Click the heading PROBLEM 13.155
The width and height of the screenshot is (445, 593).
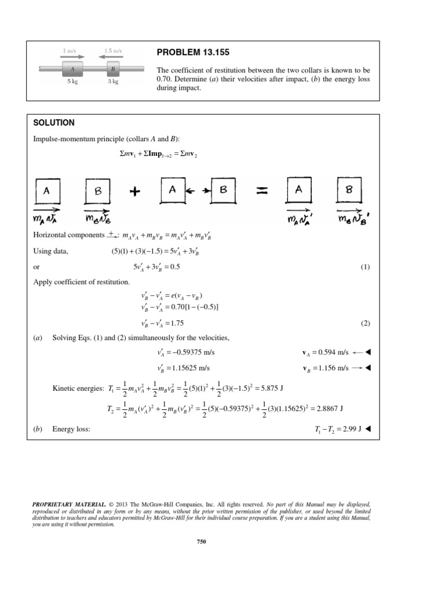pos(194,53)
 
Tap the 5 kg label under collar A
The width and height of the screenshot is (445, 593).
pos(72,82)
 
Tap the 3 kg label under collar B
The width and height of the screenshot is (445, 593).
pos(112,82)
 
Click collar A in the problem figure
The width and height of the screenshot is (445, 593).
pos(72,68)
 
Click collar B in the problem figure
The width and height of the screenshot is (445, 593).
pos(112,68)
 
